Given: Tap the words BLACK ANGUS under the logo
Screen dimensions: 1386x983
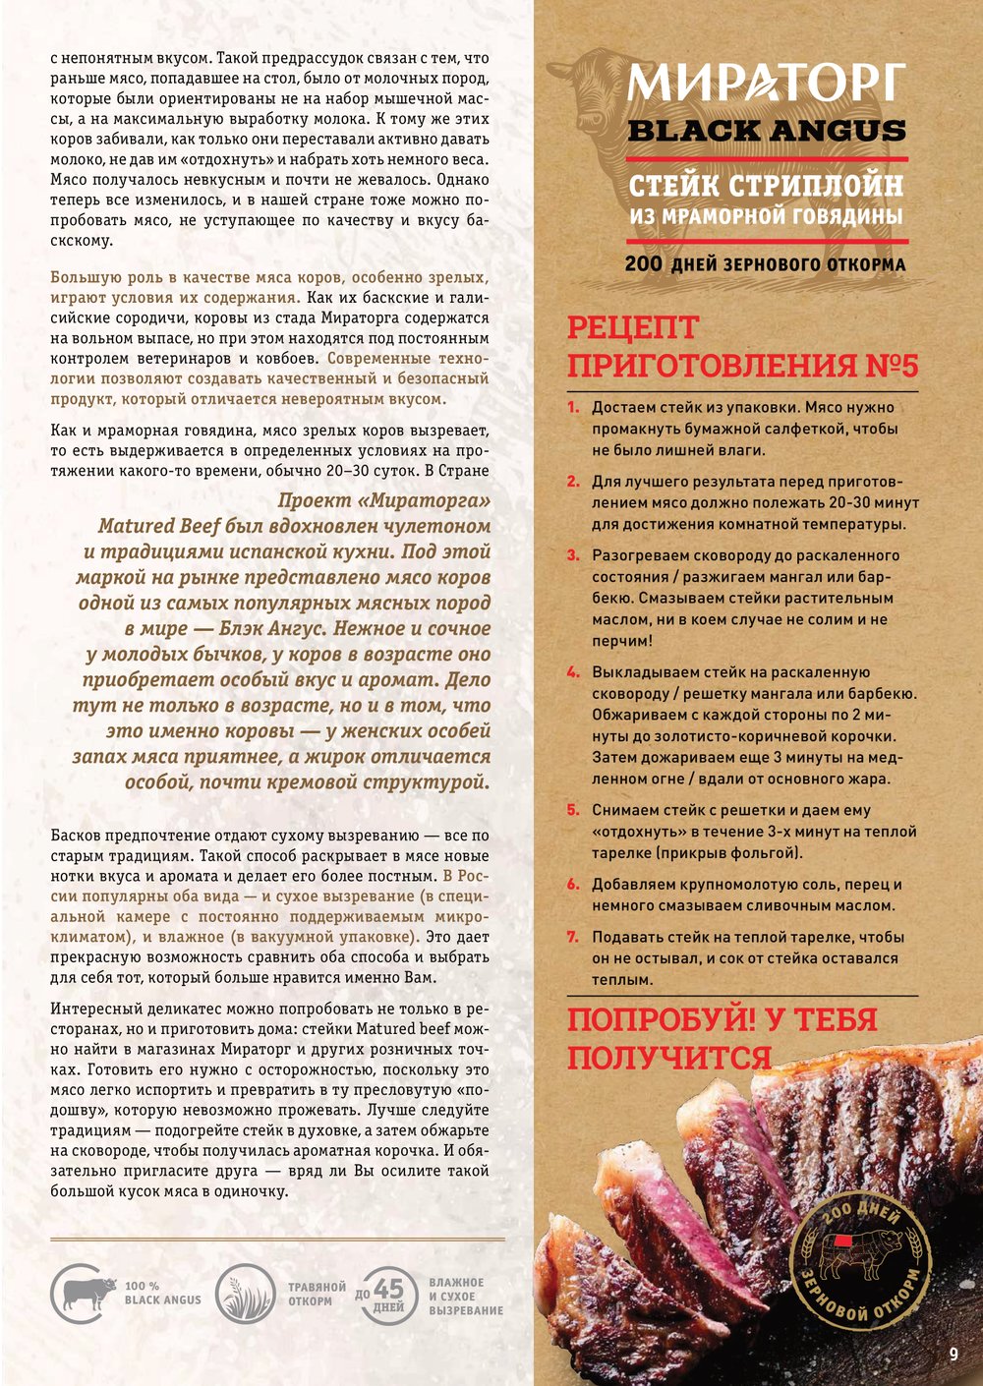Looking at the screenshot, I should pyautogui.click(x=767, y=131).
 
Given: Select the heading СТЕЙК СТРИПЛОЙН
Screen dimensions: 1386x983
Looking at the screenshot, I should pyautogui.click(x=766, y=185).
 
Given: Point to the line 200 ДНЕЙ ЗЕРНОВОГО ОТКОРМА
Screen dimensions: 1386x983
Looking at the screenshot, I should pyautogui.click(x=766, y=264).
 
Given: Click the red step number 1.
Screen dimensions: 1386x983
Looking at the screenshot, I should pyautogui.click(x=573, y=407).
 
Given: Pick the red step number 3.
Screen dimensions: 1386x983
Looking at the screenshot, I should pyautogui.click(x=573, y=555).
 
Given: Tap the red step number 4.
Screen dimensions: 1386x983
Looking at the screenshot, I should pyautogui.click(x=573, y=672).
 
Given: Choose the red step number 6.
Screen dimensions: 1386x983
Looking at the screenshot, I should pyautogui.click(x=573, y=885).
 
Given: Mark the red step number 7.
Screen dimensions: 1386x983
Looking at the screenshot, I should pyautogui.click(x=573, y=937).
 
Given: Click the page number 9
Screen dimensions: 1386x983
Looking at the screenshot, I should pyautogui.click(x=953, y=1354).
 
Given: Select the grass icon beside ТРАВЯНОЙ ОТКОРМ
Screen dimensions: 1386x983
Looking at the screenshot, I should pyautogui.click(x=245, y=1293).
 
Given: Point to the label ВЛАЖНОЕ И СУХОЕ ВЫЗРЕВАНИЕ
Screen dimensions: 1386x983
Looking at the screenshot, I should pyautogui.click(x=466, y=1297).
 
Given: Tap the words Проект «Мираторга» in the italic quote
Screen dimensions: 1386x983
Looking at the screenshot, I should pyautogui.click(x=383, y=500).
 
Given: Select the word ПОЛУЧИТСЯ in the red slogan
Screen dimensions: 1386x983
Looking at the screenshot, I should pyautogui.click(x=668, y=1058).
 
